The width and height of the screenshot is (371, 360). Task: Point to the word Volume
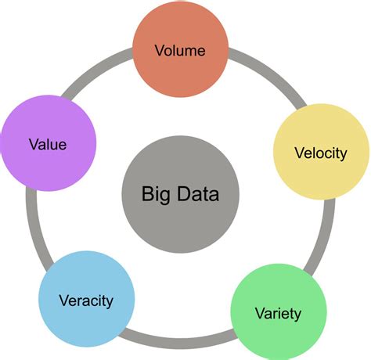click(180, 52)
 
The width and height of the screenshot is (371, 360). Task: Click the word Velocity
click(320, 153)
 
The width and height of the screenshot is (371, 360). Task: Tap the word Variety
click(278, 315)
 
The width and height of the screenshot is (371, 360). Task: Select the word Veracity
click(86, 301)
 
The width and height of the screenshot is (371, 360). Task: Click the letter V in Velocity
click(298, 153)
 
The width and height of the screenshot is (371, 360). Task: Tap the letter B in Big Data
click(146, 193)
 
